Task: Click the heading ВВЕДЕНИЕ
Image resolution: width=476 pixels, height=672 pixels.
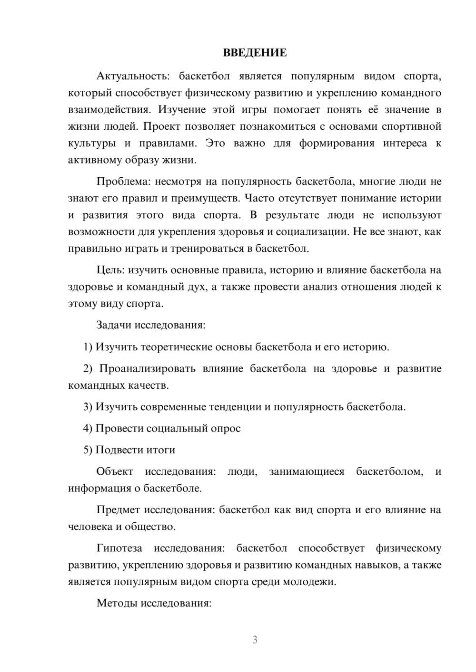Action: (x=255, y=53)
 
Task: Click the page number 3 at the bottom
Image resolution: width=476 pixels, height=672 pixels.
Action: (x=255, y=640)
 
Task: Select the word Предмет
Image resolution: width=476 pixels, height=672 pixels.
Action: (x=118, y=510)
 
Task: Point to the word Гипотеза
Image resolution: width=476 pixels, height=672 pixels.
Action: (x=119, y=548)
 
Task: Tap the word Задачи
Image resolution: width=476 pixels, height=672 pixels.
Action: (x=114, y=325)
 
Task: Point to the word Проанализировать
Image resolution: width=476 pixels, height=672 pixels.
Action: (x=148, y=369)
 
